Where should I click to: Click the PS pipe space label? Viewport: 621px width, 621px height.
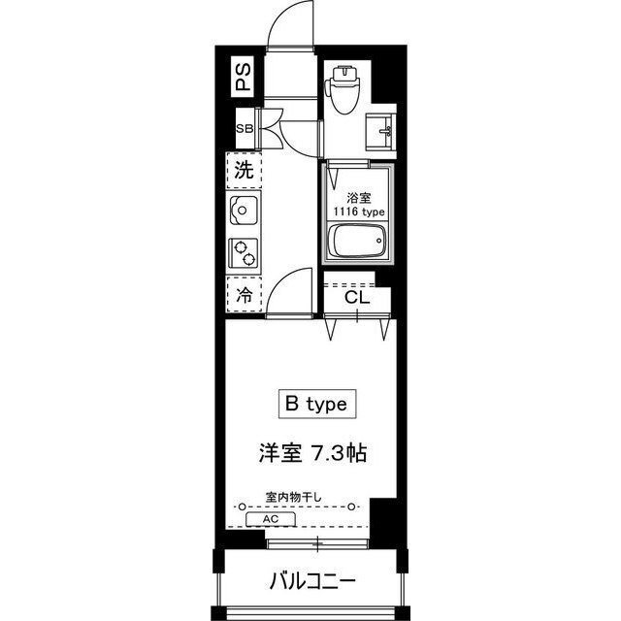click(244, 77)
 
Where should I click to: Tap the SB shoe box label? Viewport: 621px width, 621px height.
click(245, 129)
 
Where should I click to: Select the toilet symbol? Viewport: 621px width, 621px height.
click(343, 89)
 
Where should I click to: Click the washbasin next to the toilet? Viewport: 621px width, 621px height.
click(379, 132)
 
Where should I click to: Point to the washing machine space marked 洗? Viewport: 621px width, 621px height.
click(244, 171)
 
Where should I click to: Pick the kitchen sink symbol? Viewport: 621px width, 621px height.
click(243, 210)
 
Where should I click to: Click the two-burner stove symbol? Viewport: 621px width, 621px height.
click(244, 252)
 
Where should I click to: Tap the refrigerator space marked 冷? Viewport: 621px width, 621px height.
click(244, 294)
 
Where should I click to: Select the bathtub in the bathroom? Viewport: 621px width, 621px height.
click(358, 241)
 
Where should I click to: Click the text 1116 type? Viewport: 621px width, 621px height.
click(359, 212)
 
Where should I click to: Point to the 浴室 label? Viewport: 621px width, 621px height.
click(359, 198)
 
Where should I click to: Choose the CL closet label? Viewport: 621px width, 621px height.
click(357, 297)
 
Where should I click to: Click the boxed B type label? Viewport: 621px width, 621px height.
click(317, 404)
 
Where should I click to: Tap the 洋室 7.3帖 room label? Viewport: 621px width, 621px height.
click(312, 453)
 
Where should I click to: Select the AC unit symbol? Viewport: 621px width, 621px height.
click(271, 519)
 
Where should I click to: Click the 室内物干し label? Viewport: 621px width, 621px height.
click(293, 497)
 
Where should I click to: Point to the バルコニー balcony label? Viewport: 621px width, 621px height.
click(312, 582)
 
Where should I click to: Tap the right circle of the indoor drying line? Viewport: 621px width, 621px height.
click(351, 507)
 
